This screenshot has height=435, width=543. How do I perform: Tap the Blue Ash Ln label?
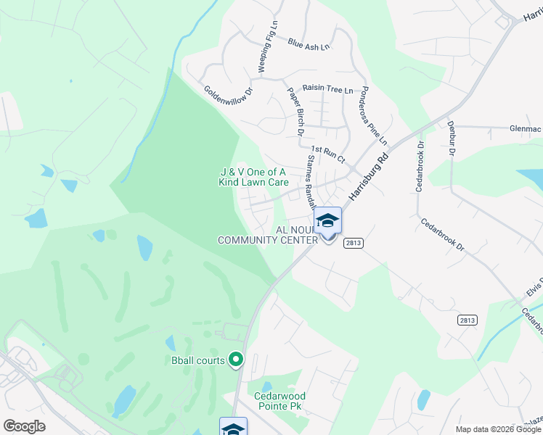point(308,44)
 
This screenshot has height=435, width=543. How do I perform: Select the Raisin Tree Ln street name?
point(327,89)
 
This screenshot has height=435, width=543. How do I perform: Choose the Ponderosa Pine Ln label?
point(375,115)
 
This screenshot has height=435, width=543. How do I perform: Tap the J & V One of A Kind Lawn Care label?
point(254,177)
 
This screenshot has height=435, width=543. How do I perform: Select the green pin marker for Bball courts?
point(235,359)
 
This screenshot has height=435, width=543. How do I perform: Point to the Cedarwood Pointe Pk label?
point(279,401)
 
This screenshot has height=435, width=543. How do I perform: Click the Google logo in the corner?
point(24,426)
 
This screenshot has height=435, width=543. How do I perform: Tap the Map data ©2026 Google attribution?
point(498,429)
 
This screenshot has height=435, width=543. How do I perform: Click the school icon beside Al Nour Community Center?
point(327,220)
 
